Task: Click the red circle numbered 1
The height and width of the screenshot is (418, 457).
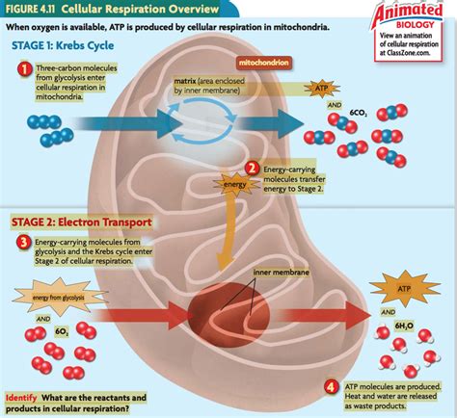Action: (22, 69)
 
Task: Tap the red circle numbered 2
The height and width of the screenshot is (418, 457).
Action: (253, 169)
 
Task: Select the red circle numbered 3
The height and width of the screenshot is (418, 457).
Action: (22, 242)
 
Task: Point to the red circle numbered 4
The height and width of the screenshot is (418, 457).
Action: (332, 386)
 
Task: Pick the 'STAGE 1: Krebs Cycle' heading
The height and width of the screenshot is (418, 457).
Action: (57, 46)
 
